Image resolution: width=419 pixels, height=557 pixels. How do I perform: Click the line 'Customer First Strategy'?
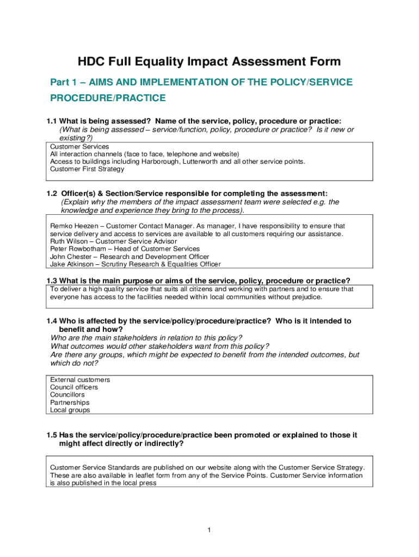[87, 169]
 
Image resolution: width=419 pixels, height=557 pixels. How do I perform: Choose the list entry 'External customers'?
[80, 380]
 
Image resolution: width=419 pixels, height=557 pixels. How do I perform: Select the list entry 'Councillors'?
[67, 395]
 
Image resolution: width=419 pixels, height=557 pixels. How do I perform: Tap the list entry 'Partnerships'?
[70, 403]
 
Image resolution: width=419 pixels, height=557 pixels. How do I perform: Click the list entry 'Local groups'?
[70, 410]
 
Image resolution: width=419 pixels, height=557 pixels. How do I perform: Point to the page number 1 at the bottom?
[209, 530]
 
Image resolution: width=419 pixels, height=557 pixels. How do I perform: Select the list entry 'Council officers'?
[74, 387]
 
